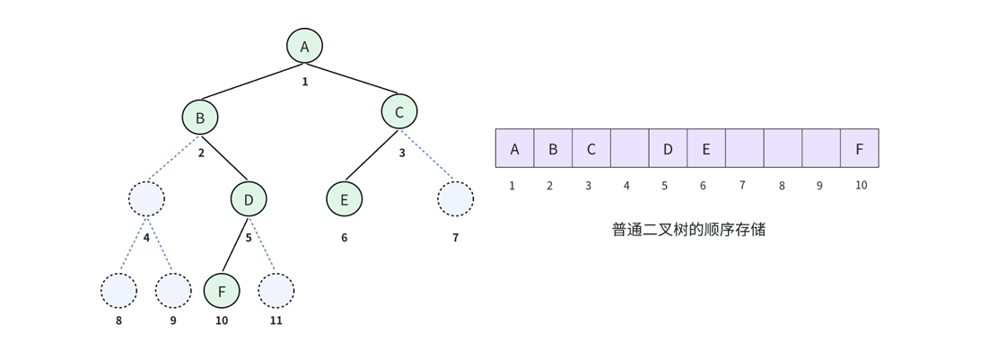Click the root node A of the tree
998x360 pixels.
(x=304, y=47)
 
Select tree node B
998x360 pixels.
(x=200, y=118)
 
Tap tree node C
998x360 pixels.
(x=399, y=112)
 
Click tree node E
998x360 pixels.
(x=345, y=199)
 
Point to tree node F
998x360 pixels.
(x=222, y=290)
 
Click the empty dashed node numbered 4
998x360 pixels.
(x=146, y=199)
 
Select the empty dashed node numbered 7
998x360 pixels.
(x=455, y=199)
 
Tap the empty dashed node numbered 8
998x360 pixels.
(x=118, y=290)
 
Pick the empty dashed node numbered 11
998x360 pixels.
(x=276, y=290)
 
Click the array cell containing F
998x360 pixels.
(x=860, y=148)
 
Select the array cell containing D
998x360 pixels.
(x=668, y=148)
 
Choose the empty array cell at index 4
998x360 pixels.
(x=629, y=148)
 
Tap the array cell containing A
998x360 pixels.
(x=514, y=148)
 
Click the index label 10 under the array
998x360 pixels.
(x=861, y=186)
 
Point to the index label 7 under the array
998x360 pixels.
(x=742, y=186)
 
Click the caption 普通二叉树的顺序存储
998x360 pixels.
(x=688, y=230)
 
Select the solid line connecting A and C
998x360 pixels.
(x=353, y=79)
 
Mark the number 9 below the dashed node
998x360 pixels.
(x=173, y=320)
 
